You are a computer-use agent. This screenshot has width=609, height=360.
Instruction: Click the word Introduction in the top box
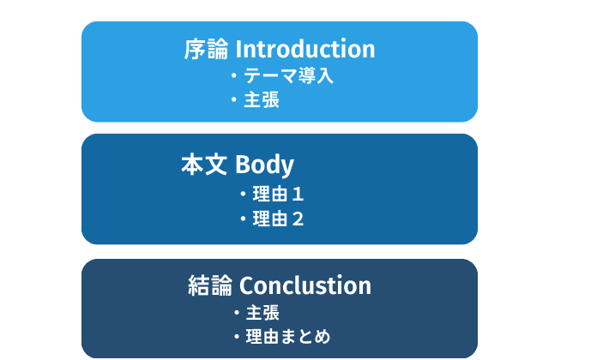[x=305, y=49]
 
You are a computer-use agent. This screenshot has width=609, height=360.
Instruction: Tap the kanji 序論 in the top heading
[x=206, y=49]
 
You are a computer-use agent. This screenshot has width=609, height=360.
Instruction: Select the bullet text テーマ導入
[x=288, y=75]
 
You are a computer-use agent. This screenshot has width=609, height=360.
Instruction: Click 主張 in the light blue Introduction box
[x=262, y=99]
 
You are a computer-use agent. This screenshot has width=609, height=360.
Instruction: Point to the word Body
[x=264, y=165]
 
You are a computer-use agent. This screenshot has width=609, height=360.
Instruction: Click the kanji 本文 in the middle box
[x=204, y=165]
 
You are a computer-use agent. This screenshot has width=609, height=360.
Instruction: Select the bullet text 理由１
[x=278, y=194]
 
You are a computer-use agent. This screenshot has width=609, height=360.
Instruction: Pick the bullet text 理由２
[x=278, y=219]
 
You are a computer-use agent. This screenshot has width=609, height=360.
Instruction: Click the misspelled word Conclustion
[x=305, y=285]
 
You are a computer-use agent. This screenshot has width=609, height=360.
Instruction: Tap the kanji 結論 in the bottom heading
[x=210, y=285]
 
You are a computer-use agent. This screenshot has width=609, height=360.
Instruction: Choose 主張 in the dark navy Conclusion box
[x=262, y=313]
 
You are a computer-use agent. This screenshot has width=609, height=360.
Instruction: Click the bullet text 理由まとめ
[x=288, y=337]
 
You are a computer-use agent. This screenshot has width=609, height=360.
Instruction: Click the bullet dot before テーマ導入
[x=234, y=75]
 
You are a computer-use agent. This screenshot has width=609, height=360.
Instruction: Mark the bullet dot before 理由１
[x=243, y=194]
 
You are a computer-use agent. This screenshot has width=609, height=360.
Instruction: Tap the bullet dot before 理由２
[x=243, y=219]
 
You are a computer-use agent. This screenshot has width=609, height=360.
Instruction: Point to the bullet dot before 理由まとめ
[x=237, y=337]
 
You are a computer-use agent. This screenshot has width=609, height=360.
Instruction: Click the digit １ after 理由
[x=297, y=195]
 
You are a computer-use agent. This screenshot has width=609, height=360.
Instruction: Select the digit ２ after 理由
[x=298, y=219]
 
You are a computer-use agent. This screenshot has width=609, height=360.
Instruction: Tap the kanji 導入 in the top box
[x=316, y=75]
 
